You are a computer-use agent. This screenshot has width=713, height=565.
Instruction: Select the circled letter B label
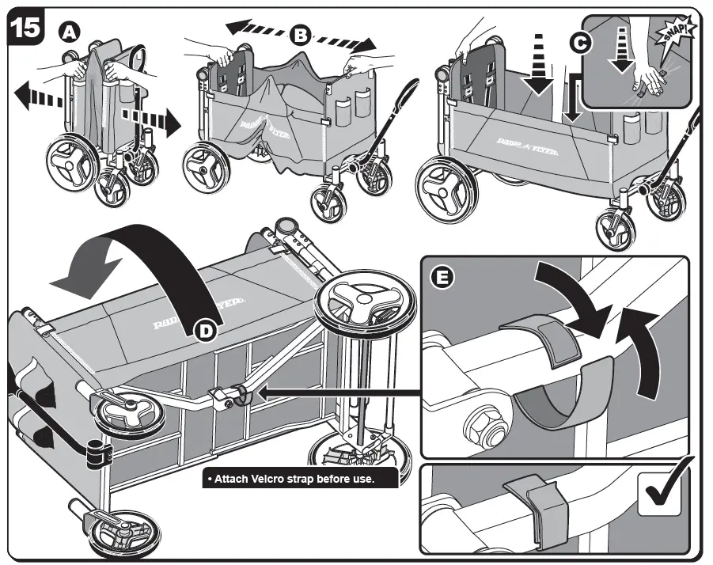(300, 34)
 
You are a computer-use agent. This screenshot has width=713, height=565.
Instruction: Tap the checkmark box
(663, 493)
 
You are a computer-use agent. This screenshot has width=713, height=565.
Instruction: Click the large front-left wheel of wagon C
(447, 187)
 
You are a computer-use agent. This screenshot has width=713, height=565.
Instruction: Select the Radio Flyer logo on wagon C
(519, 145)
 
